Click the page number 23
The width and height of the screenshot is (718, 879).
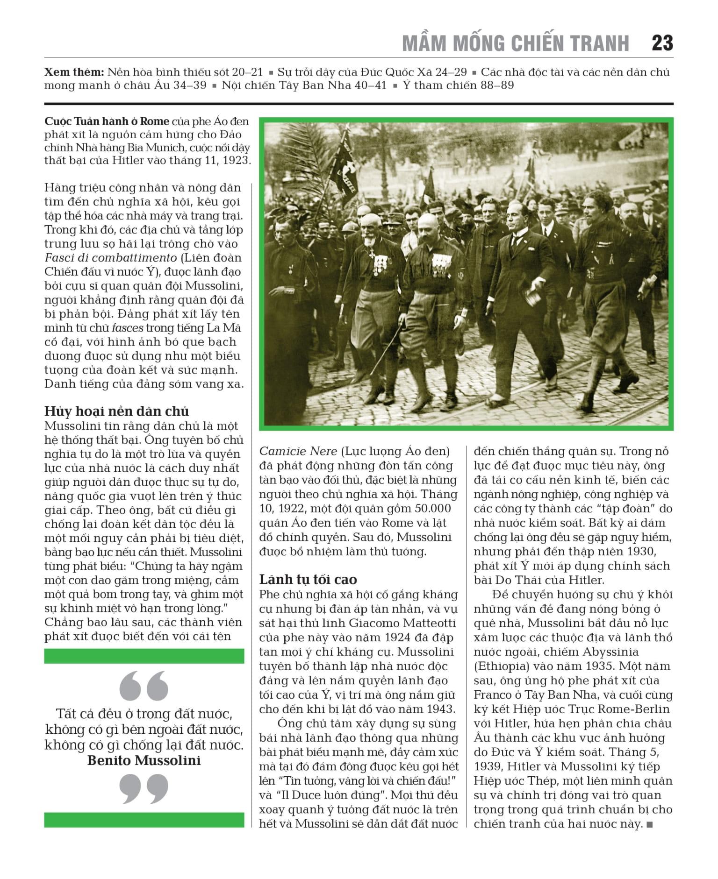pos(662,43)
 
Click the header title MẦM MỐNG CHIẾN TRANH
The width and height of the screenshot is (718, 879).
pos(516,43)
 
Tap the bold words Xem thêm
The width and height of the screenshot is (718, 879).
pos(73,72)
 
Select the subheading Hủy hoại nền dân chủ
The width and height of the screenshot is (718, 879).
pos(116,411)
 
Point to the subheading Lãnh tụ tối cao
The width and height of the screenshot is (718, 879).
pos(308,579)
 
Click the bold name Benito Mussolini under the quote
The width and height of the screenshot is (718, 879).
pos(144,760)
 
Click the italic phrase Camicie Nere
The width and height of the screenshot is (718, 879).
pos(298,451)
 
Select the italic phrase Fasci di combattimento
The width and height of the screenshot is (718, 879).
pos(110,257)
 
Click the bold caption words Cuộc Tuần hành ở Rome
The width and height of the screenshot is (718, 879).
pos(107,121)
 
